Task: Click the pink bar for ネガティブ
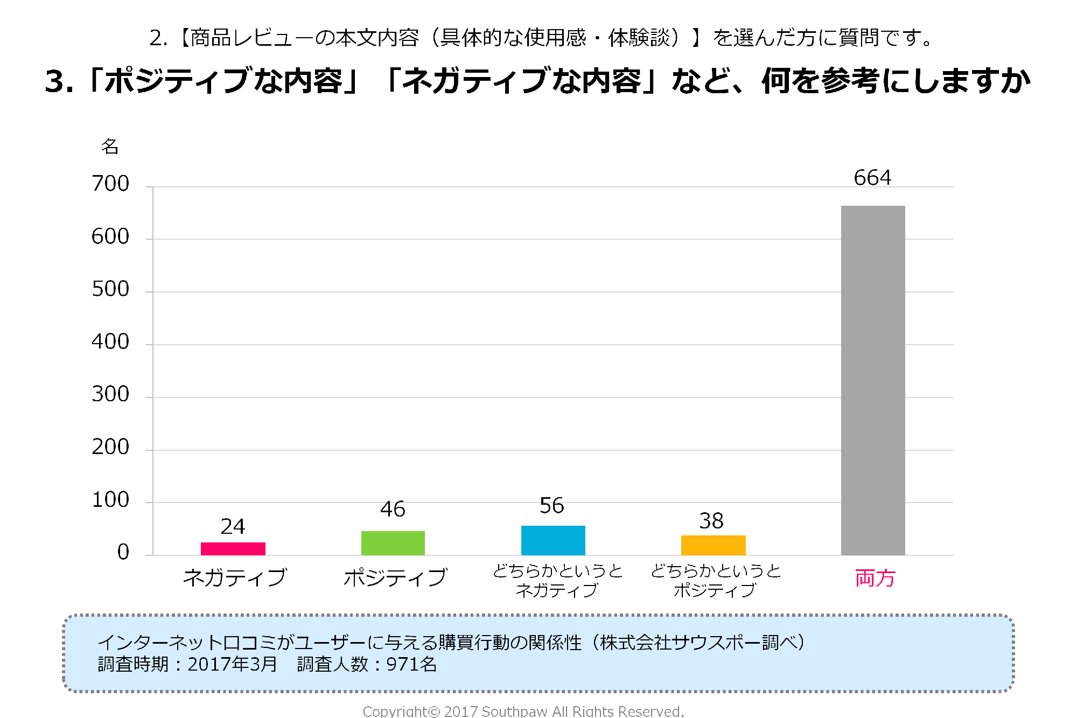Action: (233, 548)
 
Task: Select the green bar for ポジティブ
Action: (393, 543)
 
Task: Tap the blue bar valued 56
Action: (553, 540)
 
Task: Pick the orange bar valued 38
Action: (713, 545)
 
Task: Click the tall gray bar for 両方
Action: (873, 380)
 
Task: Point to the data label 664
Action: (872, 178)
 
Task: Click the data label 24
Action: (233, 526)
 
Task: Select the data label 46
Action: (393, 509)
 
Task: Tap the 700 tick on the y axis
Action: (110, 184)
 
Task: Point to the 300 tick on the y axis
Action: (110, 394)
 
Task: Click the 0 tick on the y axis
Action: (123, 552)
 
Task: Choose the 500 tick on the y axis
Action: (110, 289)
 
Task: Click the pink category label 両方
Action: (875, 578)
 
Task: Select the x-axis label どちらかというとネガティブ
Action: (557, 580)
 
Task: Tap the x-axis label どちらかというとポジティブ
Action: (716, 580)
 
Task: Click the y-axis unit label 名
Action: (110, 146)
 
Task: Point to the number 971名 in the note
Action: (411, 664)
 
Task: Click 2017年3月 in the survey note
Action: (232, 664)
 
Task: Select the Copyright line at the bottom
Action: (523, 712)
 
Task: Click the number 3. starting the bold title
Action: (59, 82)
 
